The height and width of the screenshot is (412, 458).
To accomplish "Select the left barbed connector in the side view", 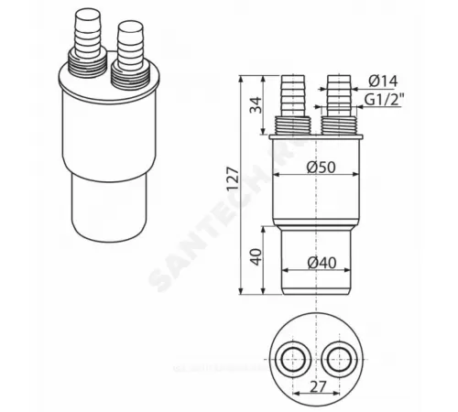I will coord(296,96).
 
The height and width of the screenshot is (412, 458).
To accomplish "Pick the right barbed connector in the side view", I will coord(337,96).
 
